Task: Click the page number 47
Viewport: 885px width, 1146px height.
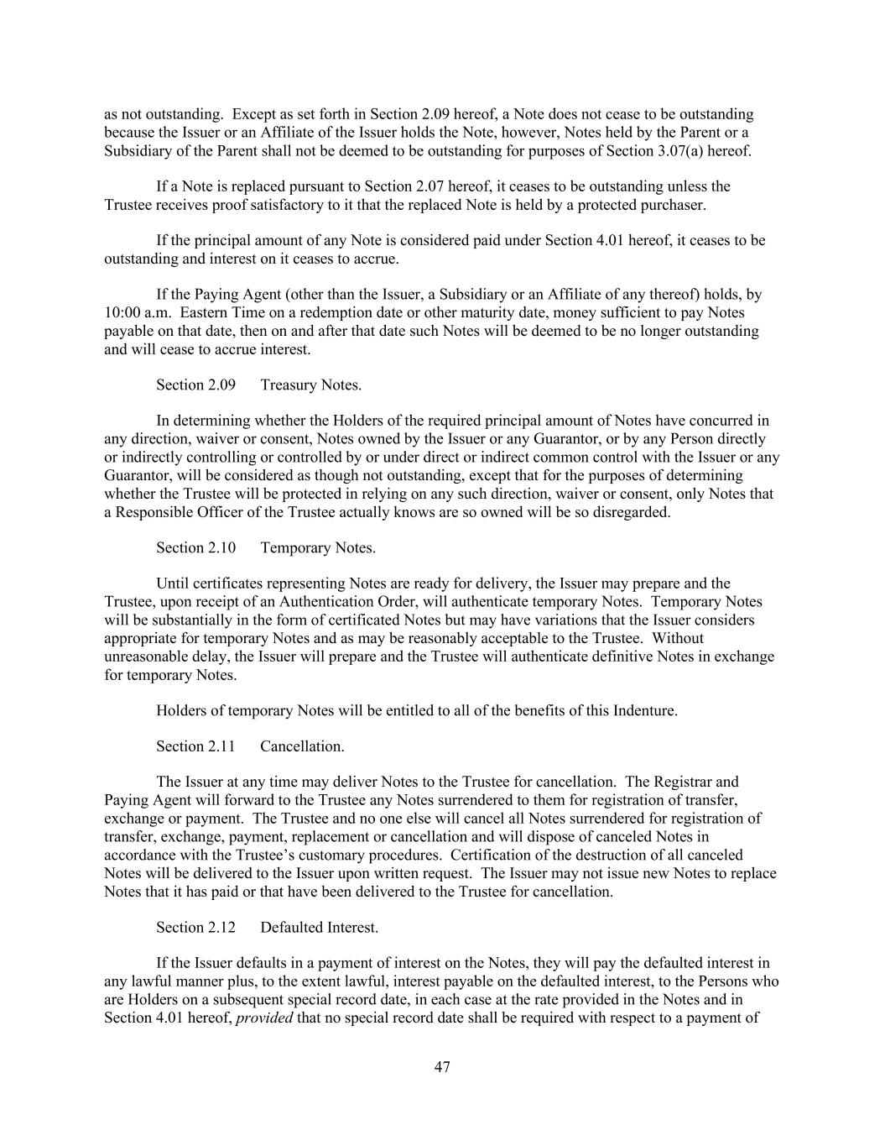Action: point(442,1067)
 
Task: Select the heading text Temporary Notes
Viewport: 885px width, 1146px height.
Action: point(317,547)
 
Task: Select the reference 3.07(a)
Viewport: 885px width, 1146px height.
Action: point(679,150)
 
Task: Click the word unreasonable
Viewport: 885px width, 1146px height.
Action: point(147,656)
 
